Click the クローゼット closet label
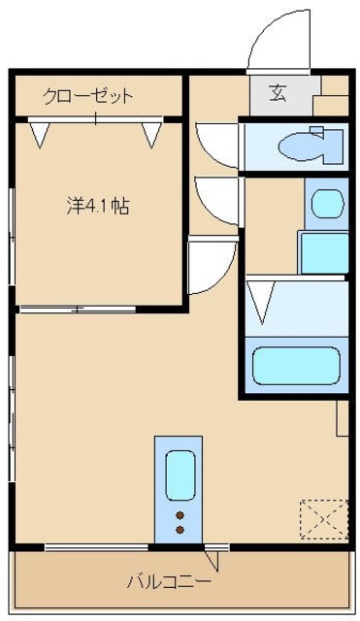(87, 95)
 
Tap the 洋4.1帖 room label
(98, 206)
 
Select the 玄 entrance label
(278, 93)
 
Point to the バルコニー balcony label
(170, 582)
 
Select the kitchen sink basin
(180, 474)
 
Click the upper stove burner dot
(180, 515)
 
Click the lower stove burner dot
(180, 530)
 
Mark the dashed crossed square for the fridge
(323, 518)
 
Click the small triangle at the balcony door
(214, 559)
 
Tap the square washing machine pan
(323, 253)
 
